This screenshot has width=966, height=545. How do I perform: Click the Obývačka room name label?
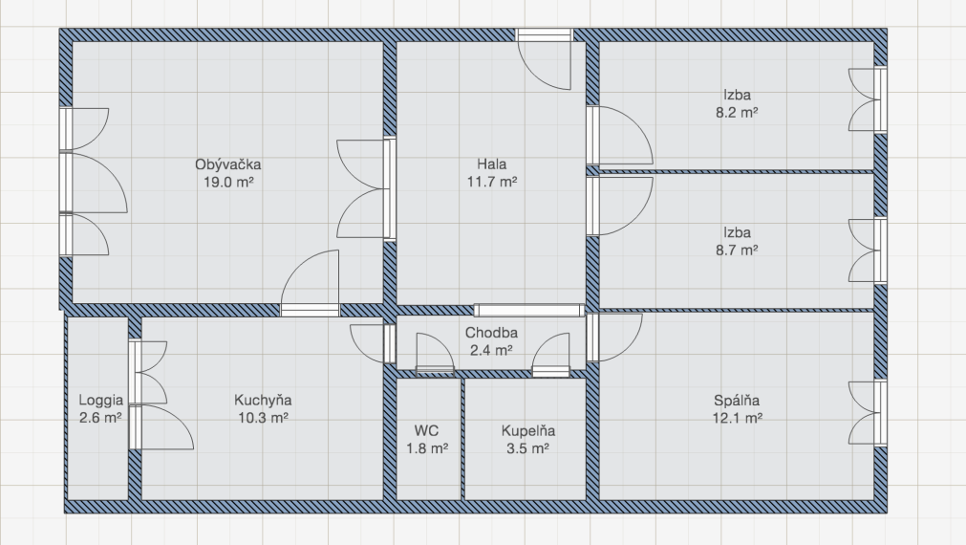point(228,164)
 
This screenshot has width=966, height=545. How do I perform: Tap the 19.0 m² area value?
point(228,182)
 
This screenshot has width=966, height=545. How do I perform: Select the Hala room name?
point(492,164)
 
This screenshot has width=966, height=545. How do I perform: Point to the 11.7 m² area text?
point(492,182)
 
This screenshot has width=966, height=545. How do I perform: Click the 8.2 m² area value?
point(737,113)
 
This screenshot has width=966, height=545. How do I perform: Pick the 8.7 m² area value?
point(737,251)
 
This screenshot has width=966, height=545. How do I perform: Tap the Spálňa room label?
point(737,401)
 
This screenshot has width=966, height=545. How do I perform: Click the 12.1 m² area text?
point(738,418)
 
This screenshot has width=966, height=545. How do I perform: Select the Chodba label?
point(491,333)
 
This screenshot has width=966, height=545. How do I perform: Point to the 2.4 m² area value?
point(491,350)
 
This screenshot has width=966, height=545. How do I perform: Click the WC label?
point(426,430)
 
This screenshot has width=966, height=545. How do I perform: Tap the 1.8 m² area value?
point(426,448)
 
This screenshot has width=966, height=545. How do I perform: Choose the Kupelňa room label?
point(528,431)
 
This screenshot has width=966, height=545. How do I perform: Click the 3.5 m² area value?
point(528,448)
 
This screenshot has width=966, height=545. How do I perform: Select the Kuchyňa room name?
point(263,401)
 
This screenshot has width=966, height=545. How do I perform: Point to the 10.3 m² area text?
point(263,418)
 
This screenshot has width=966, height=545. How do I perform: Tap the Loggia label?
point(100,401)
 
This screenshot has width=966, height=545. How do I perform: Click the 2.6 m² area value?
point(100,418)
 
